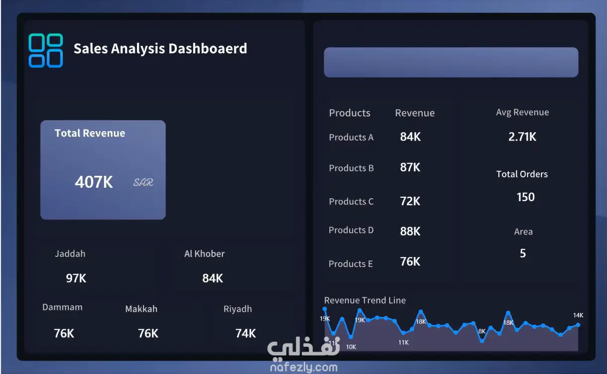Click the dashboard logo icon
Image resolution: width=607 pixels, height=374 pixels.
[x=46, y=51]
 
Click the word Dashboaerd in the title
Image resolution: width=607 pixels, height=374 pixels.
[x=208, y=49]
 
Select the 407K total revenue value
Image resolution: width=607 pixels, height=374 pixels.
[x=94, y=182]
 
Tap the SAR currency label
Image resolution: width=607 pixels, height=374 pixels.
[x=143, y=182]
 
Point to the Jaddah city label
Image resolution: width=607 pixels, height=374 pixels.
[x=70, y=254]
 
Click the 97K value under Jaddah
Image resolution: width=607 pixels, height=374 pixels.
[x=76, y=278]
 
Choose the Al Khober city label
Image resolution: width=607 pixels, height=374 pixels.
[x=204, y=254]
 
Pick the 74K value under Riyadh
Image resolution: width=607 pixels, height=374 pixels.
[x=246, y=333]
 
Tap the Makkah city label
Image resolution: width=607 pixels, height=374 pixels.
[x=141, y=309]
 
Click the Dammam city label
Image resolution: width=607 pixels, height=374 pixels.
[x=63, y=307]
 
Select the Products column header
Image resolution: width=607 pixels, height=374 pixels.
[x=349, y=113]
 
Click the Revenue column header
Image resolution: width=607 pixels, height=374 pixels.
[x=414, y=113]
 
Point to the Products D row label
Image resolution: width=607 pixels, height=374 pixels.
[x=351, y=230]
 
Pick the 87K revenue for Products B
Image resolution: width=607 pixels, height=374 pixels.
[x=410, y=167]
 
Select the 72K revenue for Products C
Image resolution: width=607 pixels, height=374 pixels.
[x=410, y=201]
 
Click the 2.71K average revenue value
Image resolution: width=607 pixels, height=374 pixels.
[x=522, y=137]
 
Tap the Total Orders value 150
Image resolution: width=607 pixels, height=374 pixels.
[x=526, y=197]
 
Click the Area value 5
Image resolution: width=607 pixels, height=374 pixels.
[x=523, y=253]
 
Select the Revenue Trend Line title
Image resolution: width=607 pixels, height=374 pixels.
[x=365, y=300]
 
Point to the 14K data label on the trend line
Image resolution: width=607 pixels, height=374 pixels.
[x=578, y=315]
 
